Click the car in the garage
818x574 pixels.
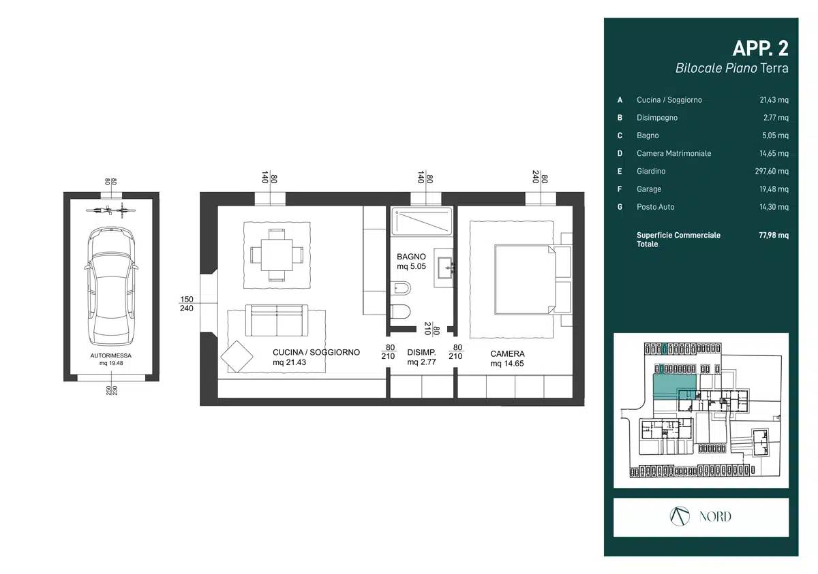click(111, 286)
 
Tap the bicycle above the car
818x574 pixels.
click(110, 210)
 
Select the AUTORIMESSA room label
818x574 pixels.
click(110, 355)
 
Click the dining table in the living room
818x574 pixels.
click(277, 255)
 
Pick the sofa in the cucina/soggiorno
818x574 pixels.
click(277, 320)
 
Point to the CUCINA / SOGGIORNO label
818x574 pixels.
click(316, 352)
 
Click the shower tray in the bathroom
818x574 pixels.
click(422, 221)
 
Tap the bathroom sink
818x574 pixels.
click(444, 268)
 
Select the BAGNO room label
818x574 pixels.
click(411, 257)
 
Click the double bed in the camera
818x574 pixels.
click(525, 279)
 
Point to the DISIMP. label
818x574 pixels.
click(421, 352)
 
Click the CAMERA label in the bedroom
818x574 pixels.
click(507, 354)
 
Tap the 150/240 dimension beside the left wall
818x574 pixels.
click(187, 304)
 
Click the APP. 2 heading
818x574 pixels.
click(760, 48)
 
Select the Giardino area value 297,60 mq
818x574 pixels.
click(772, 171)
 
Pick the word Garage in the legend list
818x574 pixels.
click(649, 189)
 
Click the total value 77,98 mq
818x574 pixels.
click(774, 235)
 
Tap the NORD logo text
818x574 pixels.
click(715, 517)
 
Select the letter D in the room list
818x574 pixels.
click(620, 153)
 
